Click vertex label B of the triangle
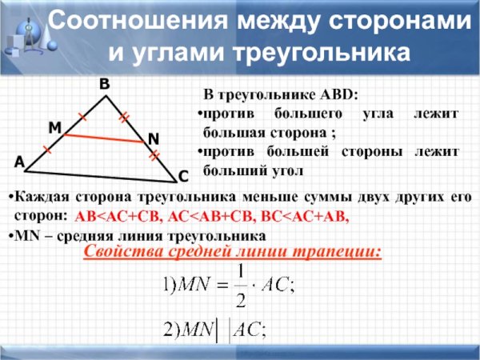click(104, 84)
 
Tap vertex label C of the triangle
click(182, 175)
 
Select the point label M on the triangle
click(54, 128)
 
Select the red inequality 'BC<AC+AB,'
click(310, 217)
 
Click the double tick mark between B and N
click(124, 118)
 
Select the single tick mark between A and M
click(46, 150)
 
